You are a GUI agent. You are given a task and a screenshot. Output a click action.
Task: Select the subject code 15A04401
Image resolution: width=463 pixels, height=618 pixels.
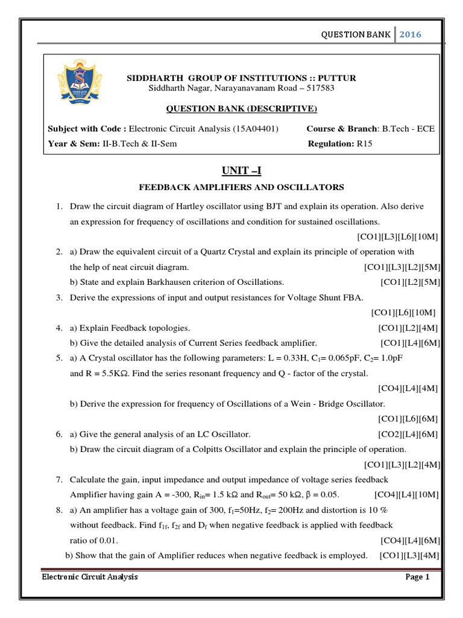[x=265, y=129]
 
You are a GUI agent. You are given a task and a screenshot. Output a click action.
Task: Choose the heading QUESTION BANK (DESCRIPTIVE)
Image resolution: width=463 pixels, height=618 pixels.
[x=241, y=109]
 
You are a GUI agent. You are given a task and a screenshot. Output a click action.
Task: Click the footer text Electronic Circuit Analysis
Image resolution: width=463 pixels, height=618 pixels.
[x=90, y=577]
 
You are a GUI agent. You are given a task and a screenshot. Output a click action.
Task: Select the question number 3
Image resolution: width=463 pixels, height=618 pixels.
[x=60, y=297]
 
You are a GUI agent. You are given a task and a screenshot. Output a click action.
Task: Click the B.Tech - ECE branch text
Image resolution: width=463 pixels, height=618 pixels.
[x=406, y=129]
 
